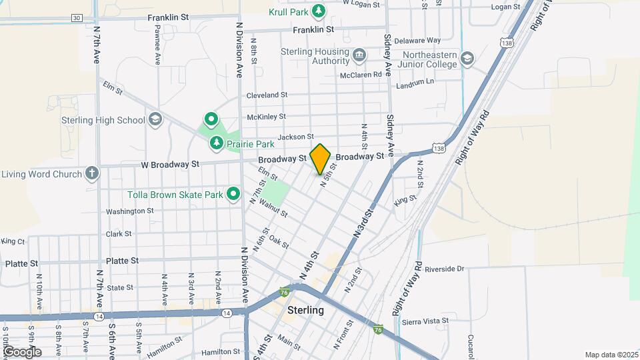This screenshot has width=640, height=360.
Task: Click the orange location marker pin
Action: [320, 159]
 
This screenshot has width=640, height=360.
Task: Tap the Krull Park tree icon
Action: [319, 11]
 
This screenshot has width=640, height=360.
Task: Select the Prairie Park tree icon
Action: [216, 143]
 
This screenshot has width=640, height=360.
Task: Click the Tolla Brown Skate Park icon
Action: [233, 194]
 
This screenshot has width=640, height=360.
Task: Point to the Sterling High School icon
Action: [155, 120]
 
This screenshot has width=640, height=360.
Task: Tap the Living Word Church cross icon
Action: [92, 174]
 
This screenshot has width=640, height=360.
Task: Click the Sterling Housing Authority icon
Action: [359, 55]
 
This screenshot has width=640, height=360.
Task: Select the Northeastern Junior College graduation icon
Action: [467, 59]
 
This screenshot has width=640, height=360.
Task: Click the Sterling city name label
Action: [305, 310]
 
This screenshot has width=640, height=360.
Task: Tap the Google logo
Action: [21, 352]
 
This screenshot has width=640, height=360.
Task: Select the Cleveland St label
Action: [267, 95]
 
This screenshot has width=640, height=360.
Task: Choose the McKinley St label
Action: [266, 116]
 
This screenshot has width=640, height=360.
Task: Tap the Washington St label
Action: [129, 211]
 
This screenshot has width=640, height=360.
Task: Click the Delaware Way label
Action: [421, 41]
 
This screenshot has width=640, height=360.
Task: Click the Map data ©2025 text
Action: [611, 355]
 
